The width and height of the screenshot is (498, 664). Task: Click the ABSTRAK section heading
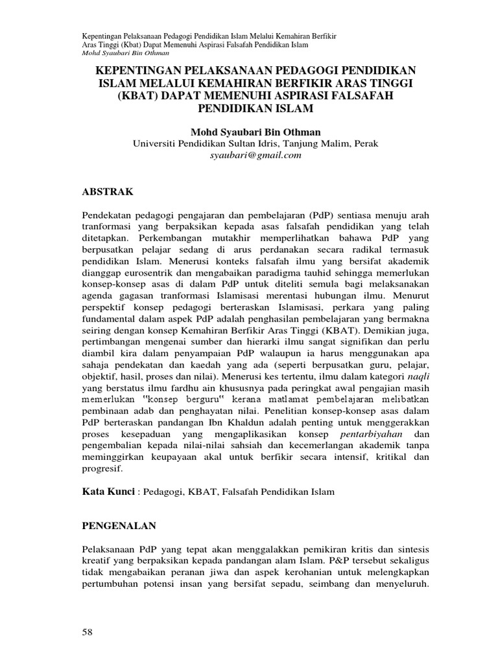[109, 192]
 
